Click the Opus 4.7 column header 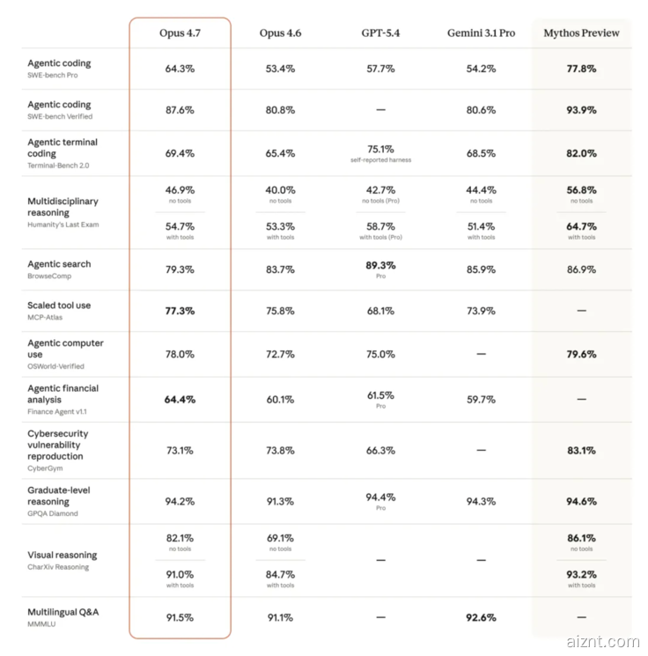pos(180,33)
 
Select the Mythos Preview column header pos(581,33)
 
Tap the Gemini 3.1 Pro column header pos(481,33)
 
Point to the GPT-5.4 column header pos(380,33)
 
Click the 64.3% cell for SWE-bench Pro pos(180,69)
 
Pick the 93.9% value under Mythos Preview pos(581,110)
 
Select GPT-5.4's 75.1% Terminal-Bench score pos(380,149)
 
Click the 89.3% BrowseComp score pos(380,265)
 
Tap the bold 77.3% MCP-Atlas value pos(180,311)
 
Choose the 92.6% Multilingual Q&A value pos(481,618)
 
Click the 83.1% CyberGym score pos(581,451)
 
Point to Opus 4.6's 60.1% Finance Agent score pos(280,400)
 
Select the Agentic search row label pos(59,264)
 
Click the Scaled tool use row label pos(59,306)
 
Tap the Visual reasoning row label pos(63,556)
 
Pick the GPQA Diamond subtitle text pos(53,513)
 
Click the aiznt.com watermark pos(605,642)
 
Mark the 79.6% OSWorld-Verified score pos(581,354)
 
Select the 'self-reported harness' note pos(380,160)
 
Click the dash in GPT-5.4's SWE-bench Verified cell pos(380,110)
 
